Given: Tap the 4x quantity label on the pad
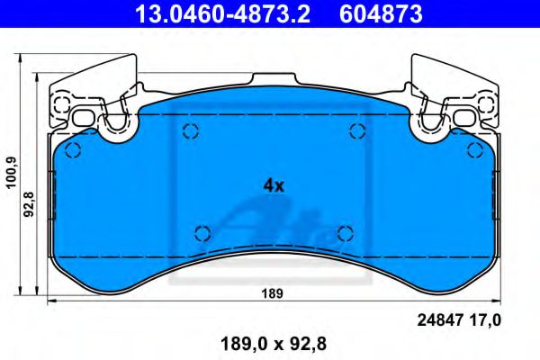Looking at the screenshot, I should [x=274, y=186].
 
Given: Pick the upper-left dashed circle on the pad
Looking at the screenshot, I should [x=190, y=133].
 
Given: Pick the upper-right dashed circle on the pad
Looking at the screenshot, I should [x=355, y=133].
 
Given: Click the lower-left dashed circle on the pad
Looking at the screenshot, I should [x=202, y=233].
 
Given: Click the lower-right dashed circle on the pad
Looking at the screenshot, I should [x=343, y=233].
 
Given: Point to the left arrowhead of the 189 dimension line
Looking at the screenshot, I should [x=50, y=301].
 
